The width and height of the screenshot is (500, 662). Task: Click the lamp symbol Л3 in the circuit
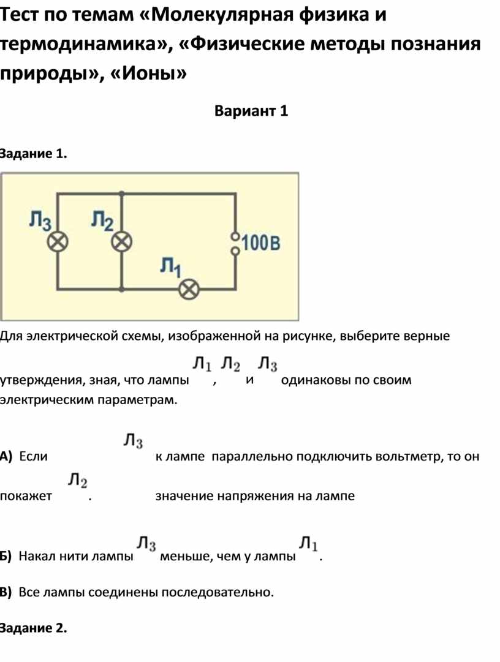point(58,243)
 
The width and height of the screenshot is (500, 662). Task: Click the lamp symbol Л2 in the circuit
point(121,243)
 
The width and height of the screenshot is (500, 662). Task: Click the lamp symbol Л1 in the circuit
point(189,290)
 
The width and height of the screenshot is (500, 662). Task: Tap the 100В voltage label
point(261,243)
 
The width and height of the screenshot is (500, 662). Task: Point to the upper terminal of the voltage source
point(235,236)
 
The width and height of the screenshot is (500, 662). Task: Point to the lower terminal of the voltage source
point(235,252)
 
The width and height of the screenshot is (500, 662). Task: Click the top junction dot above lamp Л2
point(121,194)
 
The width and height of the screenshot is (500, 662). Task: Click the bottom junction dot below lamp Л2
point(121,290)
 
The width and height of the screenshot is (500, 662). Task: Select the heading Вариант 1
point(251,111)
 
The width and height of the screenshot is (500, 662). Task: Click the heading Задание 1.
point(33,154)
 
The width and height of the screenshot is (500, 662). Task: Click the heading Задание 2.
point(33,628)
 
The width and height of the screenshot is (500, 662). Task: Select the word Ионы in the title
point(148,74)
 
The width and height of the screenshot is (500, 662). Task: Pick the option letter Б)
point(6,556)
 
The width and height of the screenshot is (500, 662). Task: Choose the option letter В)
point(6,592)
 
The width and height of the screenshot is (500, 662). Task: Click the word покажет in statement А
point(26,496)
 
